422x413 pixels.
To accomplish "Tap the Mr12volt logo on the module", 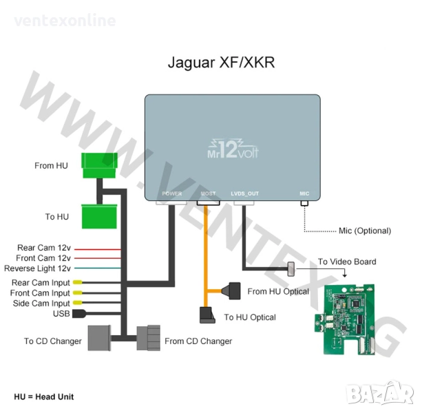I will pyautogui.click(x=233, y=147).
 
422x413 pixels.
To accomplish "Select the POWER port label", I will pyautogui.click(x=172, y=194).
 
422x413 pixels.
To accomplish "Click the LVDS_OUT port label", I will pyautogui.click(x=244, y=194).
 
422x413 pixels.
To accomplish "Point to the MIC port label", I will pyautogui.click(x=304, y=194).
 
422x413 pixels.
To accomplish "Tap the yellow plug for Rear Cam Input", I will pyautogui.click(x=78, y=283).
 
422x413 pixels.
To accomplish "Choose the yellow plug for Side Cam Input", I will pyautogui.click(x=78, y=303).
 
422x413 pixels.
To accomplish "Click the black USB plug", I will pyautogui.click(x=78, y=313).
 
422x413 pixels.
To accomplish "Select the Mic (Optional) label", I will pyautogui.click(x=365, y=231).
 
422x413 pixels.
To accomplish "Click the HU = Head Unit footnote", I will pyautogui.click(x=43, y=396).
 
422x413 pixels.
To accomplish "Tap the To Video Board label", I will pyautogui.click(x=347, y=262).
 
